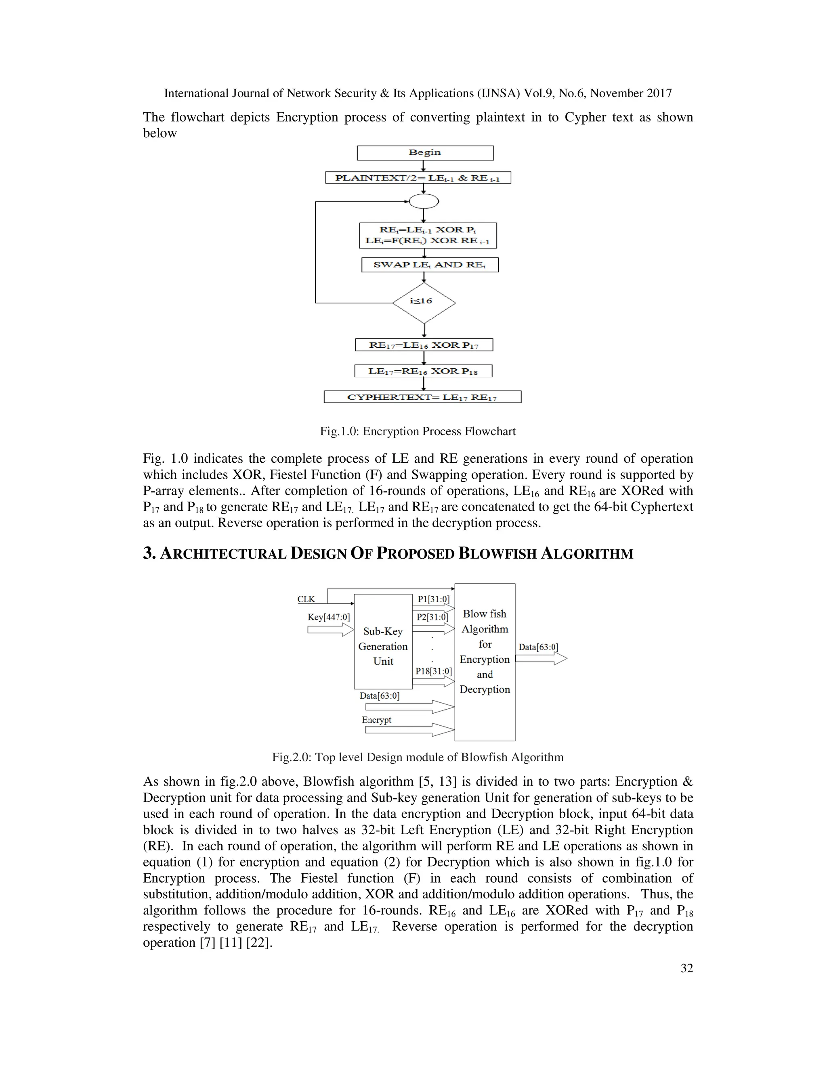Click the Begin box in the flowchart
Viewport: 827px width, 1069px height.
click(425, 153)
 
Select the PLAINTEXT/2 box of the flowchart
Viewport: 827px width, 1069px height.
click(418, 177)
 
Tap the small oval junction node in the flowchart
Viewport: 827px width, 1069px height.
click(423, 201)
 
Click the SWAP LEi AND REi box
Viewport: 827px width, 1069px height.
click(430, 265)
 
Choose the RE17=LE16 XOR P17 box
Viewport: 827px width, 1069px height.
click(424, 345)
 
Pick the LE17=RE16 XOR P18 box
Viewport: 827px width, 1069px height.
click(423, 371)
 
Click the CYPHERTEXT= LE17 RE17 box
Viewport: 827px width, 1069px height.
click(422, 397)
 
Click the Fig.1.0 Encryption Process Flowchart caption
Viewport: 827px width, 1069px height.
click(418, 431)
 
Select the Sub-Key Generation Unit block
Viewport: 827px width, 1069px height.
click(383, 646)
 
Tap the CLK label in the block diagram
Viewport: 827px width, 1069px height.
click(306, 599)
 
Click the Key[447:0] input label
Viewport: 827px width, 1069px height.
click(328, 617)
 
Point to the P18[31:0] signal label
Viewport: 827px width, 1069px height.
click(433, 671)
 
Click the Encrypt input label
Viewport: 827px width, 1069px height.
click(376, 720)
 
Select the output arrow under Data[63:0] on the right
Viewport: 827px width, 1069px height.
click(541, 659)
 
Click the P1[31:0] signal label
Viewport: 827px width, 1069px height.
click(433, 599)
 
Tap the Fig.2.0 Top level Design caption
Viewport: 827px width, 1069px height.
click(418, 757)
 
